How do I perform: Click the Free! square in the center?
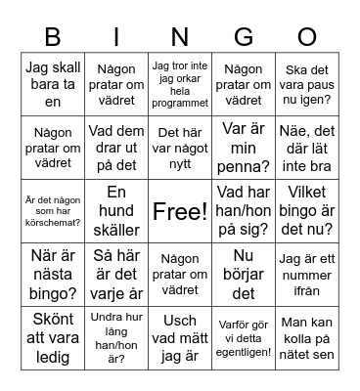point(180,210)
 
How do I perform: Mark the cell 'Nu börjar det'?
point(244,274)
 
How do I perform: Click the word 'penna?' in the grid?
point(244,166)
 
